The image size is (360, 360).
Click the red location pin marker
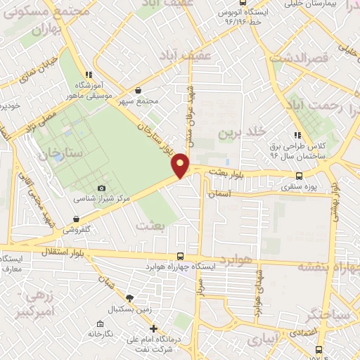coord(181,165)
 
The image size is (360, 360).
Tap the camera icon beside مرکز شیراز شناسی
coord(102,188)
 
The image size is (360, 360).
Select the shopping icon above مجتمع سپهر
coord(138,90)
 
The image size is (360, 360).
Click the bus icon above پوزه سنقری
coord(300,176)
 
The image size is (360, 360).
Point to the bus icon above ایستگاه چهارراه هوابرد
coord(181,256)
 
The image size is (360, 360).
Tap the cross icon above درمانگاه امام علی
coord(154,328)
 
